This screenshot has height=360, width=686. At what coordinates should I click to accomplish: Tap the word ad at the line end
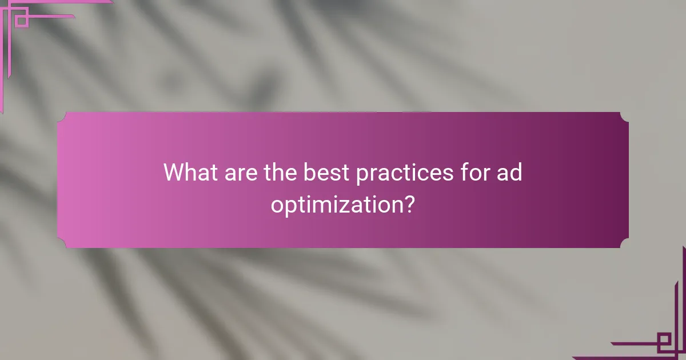pyautogui.click(x=509, y=173)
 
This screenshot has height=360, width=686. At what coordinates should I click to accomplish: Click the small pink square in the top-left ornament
pyautogui.click(x=21, y=21)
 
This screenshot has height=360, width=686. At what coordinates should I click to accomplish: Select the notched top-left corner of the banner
pyautogui.click(x=62, y=117)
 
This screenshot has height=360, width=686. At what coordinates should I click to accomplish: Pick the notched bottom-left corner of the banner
pyautogui.click(x=62, y=243)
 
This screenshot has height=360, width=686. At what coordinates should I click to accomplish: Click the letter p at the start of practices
pyautogui.click(x=361, y=175)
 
